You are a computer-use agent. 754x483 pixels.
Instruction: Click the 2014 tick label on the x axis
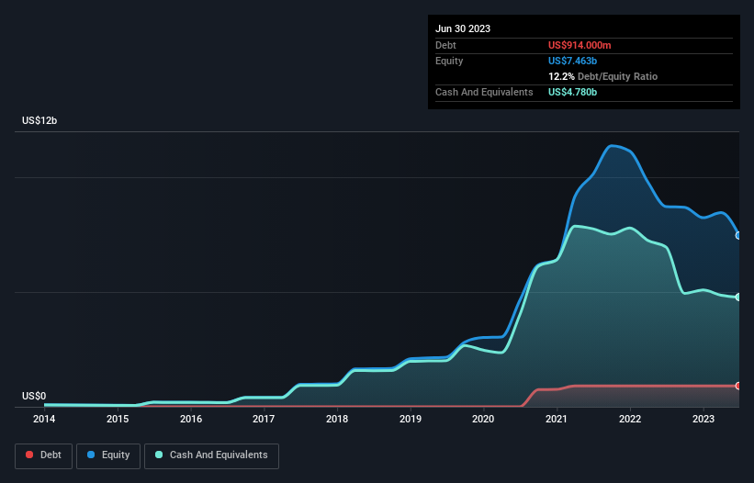(44, 419)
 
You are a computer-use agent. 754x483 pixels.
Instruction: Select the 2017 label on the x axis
(264, 419)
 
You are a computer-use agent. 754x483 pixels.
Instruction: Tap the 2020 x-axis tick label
(483, 419)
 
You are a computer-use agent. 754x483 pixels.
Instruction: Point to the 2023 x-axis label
(703, 419)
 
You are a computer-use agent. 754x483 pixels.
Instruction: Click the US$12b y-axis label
(39, 120)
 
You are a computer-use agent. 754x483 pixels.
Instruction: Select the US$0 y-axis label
(34, 396)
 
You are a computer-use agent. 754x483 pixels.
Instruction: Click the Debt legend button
(44, 455)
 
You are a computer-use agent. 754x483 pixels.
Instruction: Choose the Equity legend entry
(108, 455)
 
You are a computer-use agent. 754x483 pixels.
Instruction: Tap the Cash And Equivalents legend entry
(211, 455)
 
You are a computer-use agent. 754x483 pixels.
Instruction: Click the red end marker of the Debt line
(738, 386)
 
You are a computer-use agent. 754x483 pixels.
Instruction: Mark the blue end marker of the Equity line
(738, 235)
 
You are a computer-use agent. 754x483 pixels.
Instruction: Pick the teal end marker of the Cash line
(738, 298)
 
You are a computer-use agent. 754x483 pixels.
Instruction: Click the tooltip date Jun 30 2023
(463, 28)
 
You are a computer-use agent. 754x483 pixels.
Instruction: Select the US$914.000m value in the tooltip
(580, 45)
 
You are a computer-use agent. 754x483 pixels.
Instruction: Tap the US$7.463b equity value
(572, 61)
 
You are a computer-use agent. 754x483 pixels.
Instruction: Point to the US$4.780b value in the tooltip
(572, 92)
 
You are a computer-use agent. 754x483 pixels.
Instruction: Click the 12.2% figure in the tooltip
(561, 76)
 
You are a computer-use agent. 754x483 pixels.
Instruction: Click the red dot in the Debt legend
(29, 455)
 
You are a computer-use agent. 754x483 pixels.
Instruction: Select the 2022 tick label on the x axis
(630, 419)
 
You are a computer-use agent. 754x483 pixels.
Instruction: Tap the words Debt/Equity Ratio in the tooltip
(617, 76)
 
